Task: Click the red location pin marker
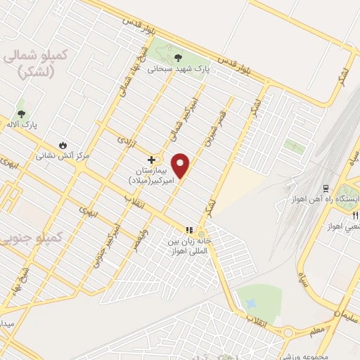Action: [x=181, y=165]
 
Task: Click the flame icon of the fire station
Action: [x=64, y=143]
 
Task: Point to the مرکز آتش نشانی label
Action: [x=65, y=155]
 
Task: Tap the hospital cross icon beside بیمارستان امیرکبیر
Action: [x=151, y=160]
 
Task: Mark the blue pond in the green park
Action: [x=250, y=303]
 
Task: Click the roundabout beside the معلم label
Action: [x=289, y=333]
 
